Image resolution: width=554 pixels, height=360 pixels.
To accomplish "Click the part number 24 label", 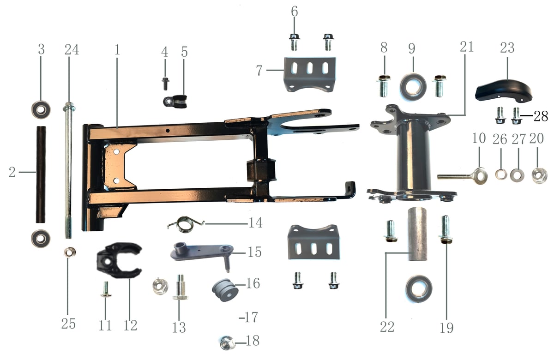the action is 72,50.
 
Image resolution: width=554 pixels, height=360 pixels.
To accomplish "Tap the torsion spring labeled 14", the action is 186,224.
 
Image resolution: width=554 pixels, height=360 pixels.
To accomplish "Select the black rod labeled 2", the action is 41,174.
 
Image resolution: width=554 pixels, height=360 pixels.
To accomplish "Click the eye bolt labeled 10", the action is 463,176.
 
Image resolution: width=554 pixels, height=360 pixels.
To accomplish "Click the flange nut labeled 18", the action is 227,342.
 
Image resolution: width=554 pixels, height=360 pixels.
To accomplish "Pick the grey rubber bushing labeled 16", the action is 225,290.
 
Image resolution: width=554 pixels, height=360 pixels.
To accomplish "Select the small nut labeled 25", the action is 70,252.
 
